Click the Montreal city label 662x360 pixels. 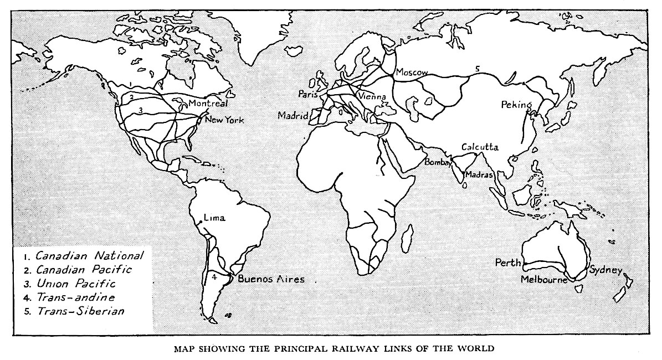[x=208, y=104]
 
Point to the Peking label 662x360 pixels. [x=516, y=105]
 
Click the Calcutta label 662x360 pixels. [x=480, y=147]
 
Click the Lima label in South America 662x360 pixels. [x=214, y=218]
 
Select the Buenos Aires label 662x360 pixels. [x=271, y=279]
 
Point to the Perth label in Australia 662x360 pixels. [x=509, y=263]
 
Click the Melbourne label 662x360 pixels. [x=544, y=280]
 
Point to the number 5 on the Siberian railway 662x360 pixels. [x=477, y=69]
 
